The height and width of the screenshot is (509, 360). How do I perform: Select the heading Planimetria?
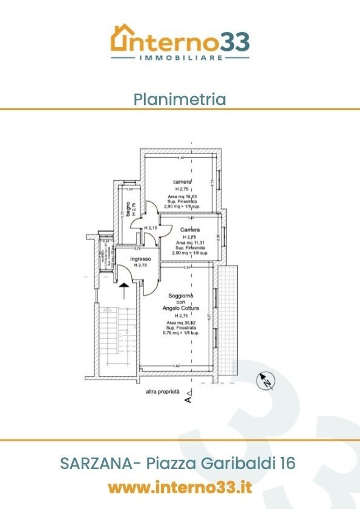click(x=180, y=99)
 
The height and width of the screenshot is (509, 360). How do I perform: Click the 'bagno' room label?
click(x=127, y=210)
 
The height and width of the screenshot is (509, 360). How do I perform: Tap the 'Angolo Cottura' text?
click(x=181, y=308)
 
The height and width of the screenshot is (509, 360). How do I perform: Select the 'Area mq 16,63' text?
click(x=182, y=196)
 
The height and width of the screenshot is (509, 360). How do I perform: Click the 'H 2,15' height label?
click(x=151, y=228)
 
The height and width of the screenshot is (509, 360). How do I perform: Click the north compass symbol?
click(x=265, y=381)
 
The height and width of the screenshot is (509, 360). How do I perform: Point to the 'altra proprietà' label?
click(x=162, y=392)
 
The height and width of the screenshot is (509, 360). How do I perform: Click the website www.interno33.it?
click(x=180, y=487)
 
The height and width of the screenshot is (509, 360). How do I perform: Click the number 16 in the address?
click(x=287, y=464)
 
